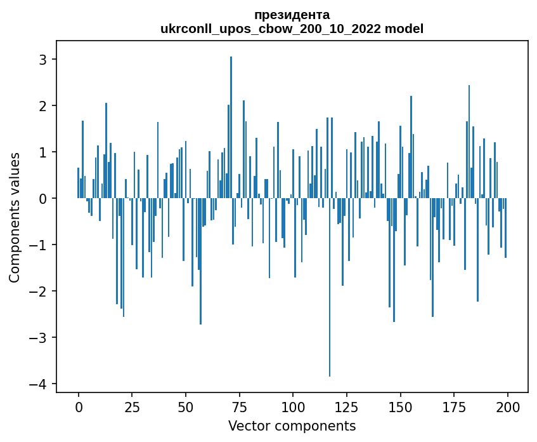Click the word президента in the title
tap(292, 15)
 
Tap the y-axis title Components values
tap(15, 217)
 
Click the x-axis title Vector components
tap(292, 425)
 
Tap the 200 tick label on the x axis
tap(507, 407)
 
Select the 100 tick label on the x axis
tap(293, 407)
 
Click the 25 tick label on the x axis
tap(132, 407)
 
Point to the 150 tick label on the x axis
tap(400, 407)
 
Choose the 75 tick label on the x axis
tap(239, 407)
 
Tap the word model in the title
tap(407, 29)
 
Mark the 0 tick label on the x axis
tap(79, 407)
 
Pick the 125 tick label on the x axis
tap(346, 407)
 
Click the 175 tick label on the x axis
tap(453, 407)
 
